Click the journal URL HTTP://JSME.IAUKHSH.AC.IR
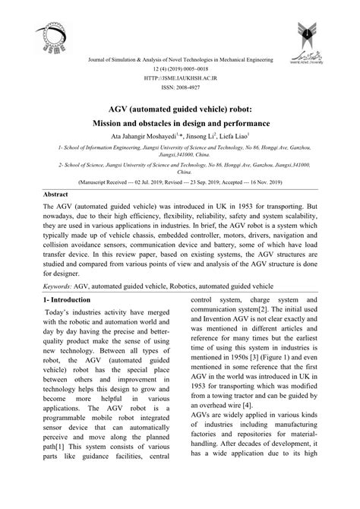point(179,77)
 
